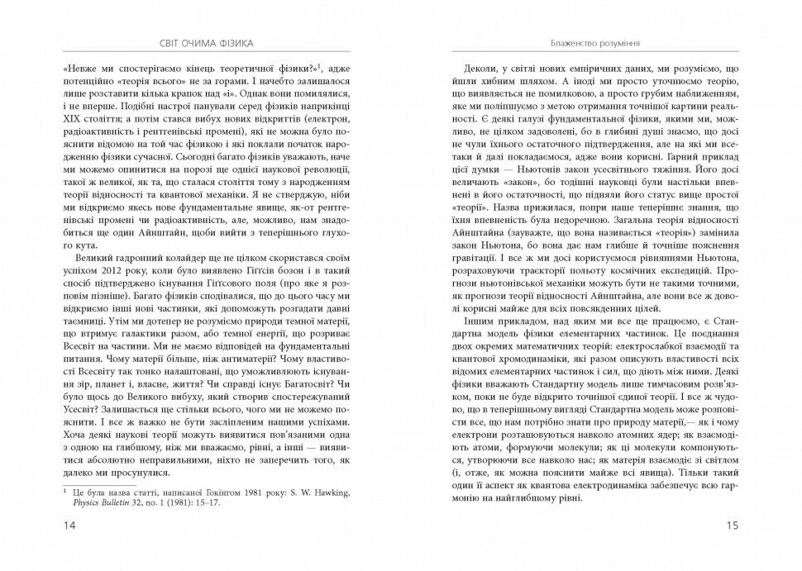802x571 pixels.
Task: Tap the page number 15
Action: (730, 525)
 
